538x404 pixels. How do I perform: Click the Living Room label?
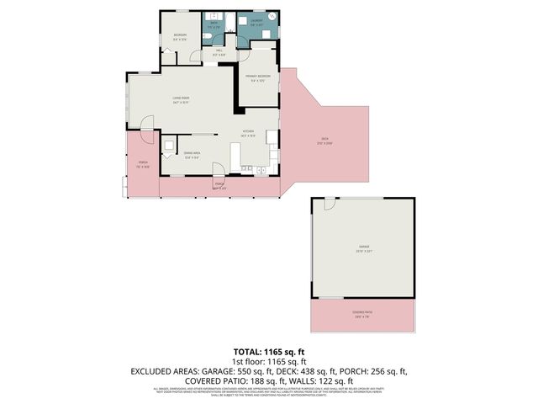coord(178,99)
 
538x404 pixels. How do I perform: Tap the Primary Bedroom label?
coord(256,78)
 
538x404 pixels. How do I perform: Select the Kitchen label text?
coord(248,133)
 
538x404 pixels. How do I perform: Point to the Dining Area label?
coord(191,154)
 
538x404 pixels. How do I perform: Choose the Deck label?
coord(323,140)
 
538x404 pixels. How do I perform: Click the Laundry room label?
coord(255,21)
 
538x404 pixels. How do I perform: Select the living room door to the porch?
coord(148,137)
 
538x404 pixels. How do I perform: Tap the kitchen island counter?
coord(235,154)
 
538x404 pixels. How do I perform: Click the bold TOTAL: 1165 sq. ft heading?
coord(268,351)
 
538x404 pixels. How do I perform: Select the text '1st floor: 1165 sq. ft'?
coord(268,361)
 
